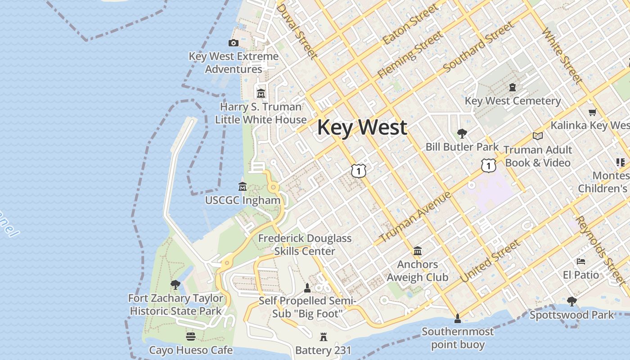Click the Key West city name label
[x=362, y=127]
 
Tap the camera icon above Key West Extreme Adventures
[x=233, y=43]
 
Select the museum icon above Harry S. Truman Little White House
[x=261, y=94]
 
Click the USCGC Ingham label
[x=243, y=200]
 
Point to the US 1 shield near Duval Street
[x=359, y=171]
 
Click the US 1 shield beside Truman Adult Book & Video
[x=488, y=165]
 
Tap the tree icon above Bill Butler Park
[x=462, y=133]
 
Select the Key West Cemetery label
[x=513, y=101]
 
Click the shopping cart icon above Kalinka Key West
[x=592, y=112]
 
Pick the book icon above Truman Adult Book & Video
[x=537, y=136]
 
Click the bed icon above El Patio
[x=581, y=261]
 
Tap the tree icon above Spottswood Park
[x=571, y=301]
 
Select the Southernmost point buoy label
[x=458, y=338]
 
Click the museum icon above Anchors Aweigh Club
[x=417, y=251]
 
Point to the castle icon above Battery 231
[x=323, y=337]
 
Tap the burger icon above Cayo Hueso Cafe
[x=191, y=337]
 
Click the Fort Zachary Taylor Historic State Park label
[x=175, y=304]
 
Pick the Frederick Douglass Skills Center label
[x=305, y=244]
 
